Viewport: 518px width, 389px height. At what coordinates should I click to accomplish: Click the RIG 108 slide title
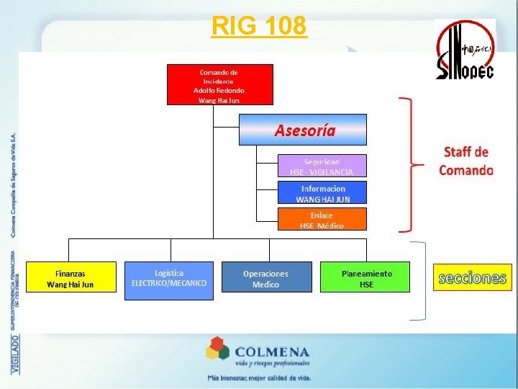259,26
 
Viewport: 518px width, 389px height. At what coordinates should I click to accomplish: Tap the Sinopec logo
465,50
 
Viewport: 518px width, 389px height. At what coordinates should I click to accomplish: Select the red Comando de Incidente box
220,84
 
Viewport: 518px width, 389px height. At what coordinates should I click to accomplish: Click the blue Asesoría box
303,130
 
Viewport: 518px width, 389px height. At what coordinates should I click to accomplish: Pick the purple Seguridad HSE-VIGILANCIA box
322,166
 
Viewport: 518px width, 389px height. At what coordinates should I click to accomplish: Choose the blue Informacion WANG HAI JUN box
323,193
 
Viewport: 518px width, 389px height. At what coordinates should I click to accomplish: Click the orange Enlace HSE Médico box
322,220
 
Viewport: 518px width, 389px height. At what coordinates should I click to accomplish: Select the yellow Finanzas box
71,278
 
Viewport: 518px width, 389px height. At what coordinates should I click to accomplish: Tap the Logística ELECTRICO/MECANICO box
169,279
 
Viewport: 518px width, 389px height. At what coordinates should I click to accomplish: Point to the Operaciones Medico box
266,278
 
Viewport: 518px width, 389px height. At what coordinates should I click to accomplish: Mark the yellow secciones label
471,277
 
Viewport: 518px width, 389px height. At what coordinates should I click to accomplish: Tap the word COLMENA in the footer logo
272,352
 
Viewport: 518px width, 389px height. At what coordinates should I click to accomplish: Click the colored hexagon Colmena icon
218,352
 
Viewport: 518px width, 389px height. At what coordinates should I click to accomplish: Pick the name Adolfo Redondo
220,90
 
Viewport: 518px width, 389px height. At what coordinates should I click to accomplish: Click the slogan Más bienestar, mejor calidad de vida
258,377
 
